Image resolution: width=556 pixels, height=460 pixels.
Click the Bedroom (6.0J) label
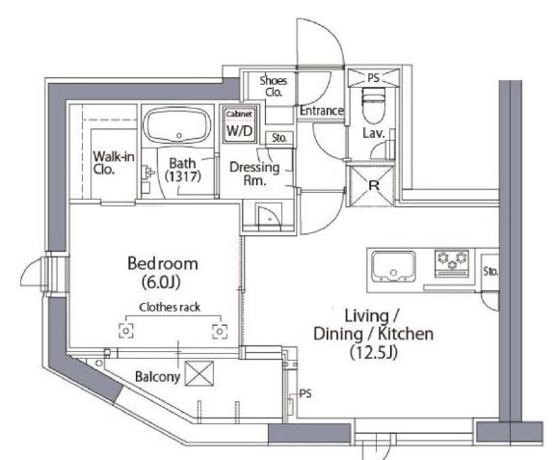163,273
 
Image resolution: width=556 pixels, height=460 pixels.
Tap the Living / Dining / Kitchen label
373,334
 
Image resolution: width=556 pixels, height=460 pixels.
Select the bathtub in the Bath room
178,126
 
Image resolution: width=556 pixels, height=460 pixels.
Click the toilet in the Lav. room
373,105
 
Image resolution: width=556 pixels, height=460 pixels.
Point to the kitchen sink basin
393,266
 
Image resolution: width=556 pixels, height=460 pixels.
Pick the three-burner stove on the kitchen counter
452,263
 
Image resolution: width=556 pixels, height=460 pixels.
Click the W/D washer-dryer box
240,126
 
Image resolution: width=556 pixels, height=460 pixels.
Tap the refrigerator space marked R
372,185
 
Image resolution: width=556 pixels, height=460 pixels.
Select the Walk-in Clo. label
114,163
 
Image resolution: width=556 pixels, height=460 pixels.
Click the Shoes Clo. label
273,86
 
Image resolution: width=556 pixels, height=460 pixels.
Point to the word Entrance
321,111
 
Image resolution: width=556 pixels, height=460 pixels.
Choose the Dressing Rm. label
254,174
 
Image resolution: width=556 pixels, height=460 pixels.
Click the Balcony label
157,377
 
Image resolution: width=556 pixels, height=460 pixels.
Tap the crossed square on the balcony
199,373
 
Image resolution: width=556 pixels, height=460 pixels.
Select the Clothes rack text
170,308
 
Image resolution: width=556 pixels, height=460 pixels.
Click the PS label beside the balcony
305,393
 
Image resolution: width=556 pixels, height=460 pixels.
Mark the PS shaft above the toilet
373,78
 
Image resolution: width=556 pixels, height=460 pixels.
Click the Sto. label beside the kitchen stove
490,272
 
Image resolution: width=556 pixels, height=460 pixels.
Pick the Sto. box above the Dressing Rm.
279,138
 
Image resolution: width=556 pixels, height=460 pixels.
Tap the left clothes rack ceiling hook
126,331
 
